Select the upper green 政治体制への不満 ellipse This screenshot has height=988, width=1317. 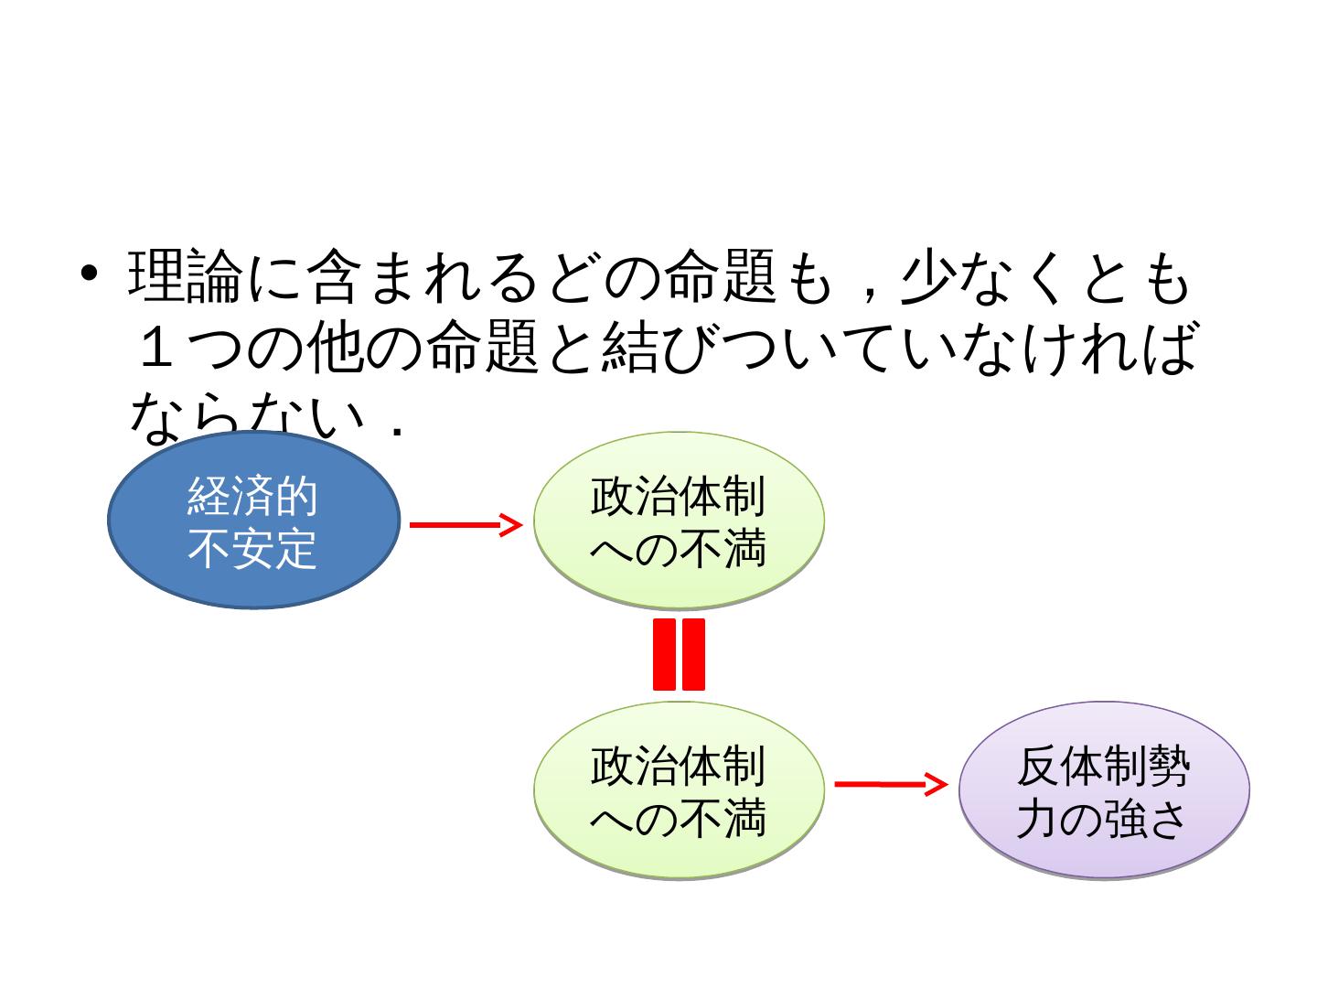point(679,521)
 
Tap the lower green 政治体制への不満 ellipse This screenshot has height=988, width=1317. point(679,790)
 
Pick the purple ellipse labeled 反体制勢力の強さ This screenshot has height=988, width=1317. point(1104,790)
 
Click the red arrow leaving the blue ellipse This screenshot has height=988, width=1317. point(465,524)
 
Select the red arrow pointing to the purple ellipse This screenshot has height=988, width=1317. point(890,784)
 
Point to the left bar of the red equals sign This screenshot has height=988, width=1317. point(665,654)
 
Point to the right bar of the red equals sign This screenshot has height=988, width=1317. point(693,654)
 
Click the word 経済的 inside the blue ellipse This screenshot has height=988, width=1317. point(252,497)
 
